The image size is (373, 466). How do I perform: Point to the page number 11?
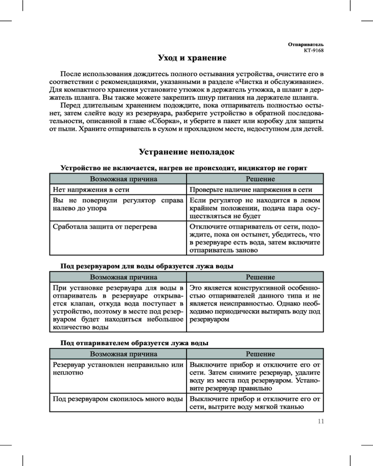click(320, 422)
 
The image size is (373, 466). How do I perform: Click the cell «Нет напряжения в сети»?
click(91, 190)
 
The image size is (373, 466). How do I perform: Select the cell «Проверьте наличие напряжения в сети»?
click(250, 190)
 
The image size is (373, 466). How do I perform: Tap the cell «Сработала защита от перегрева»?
click(105, 226)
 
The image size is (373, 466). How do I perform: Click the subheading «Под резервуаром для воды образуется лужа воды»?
click(147, 266)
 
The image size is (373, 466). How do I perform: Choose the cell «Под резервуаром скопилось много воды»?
click(117, 399)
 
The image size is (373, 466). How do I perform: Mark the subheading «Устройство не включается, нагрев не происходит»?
click(184, 168)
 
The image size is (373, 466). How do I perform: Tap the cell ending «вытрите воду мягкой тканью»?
click(255, 403)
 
